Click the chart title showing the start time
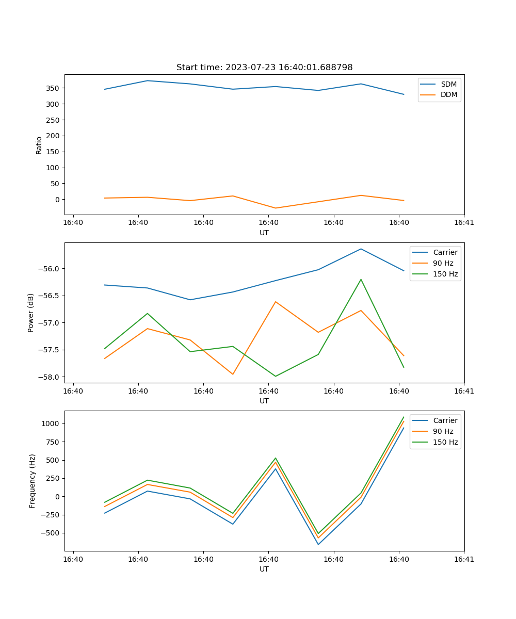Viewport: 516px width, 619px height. pyautogui.click(x=264, y=68)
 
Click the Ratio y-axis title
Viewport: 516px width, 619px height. pyautogui.click(x=39, y=145)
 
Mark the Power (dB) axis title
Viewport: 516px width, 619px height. pyautogui.click(x=31, y=313)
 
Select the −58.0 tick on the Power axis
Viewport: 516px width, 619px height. pyautogui.click(x=49, y=377)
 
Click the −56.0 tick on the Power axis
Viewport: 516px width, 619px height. pyautogui.click(x=49, y=269)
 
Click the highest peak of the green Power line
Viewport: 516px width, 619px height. pyautogui.click(x=361, y=280)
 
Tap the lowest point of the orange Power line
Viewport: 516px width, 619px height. pyautogui.click(x=233, y=374)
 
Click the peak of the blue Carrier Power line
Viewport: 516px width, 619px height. pyautogui.click(x=361, y=249)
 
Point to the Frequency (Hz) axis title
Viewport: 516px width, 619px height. pyautogui.click(x=33, y=481)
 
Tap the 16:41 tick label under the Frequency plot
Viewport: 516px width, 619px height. pyautogui.click(x=464, y=559)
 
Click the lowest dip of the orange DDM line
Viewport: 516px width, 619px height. pyautogui.click(x=276, y=208)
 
